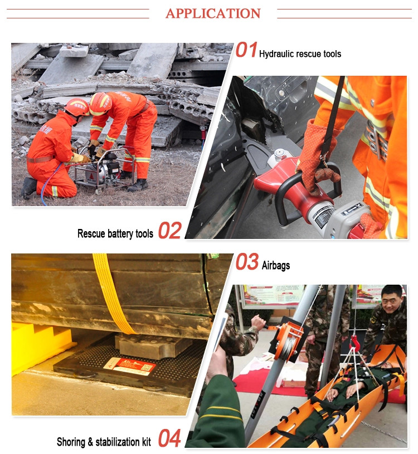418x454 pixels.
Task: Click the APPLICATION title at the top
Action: point(213,13)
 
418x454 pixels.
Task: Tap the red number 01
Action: point(246,51)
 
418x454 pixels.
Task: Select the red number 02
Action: point(169,231)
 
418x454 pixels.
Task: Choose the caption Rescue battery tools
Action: point(115,233)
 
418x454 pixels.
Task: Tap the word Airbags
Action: point(276,266)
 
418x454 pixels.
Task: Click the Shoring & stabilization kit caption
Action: point(104,442)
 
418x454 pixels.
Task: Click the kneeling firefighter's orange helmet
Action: point(77,106)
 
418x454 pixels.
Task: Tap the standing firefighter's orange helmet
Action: point(100,102)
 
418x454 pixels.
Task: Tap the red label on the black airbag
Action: point(129,366)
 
